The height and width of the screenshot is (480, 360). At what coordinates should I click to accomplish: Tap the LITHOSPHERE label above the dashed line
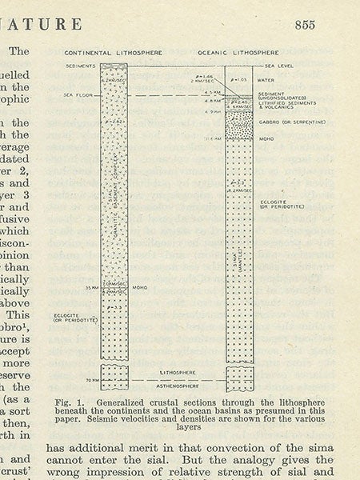pos(177,373)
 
